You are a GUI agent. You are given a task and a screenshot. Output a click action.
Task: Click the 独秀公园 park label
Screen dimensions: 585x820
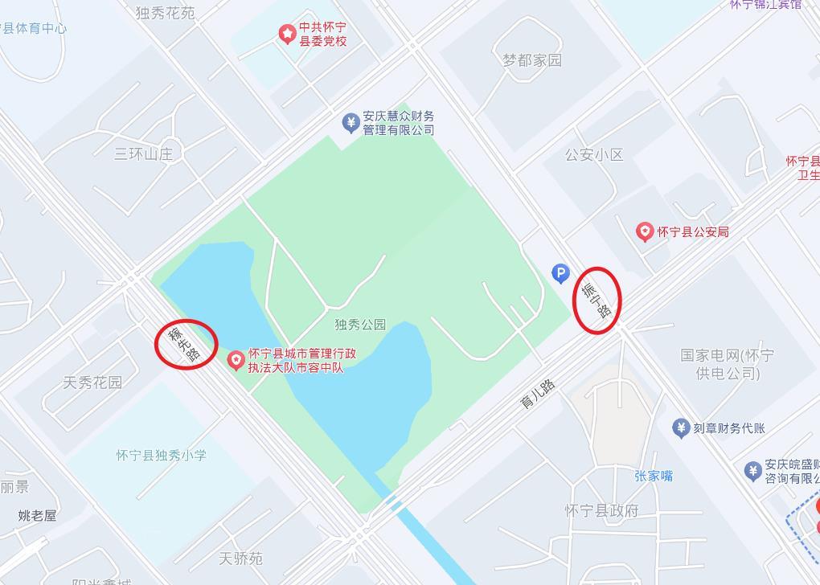point(360,325)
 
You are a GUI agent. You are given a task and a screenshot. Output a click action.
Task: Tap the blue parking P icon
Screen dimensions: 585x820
point(560,274)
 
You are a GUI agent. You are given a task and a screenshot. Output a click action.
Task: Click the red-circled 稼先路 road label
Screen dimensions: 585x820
point(186,344)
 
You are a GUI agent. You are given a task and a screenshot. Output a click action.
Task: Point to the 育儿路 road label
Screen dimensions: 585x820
point(538,395)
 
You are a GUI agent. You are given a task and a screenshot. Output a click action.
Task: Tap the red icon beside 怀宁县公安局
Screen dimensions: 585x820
point(644,232)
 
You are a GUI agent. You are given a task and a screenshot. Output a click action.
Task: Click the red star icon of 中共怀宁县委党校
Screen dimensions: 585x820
point(287,34)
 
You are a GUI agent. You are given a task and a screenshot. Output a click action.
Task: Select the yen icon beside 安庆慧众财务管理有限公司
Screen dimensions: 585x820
point(351,123)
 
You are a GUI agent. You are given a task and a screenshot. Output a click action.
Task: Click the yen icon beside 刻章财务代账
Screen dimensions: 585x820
point(681,428)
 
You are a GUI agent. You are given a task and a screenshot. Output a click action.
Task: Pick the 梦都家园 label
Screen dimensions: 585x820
point(532,60)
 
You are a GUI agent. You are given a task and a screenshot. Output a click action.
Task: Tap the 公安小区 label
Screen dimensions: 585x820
point(594,154)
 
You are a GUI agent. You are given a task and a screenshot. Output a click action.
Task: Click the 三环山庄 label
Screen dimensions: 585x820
point(143,153)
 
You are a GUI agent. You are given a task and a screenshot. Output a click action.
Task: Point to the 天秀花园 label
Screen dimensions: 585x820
point(92,382)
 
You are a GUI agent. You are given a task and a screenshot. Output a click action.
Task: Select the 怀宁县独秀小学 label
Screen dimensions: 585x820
point(161,455)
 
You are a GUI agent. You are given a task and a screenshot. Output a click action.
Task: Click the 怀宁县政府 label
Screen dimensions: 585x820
point(601,510)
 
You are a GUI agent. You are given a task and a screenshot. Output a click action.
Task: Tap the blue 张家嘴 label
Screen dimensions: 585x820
point(654,476)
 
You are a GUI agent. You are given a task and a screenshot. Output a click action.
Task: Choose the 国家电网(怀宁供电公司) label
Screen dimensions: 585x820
point(728,364)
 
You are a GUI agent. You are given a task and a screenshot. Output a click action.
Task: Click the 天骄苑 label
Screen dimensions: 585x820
point(240,558)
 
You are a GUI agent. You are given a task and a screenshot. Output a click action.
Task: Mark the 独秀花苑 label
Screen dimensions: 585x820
point(165,13)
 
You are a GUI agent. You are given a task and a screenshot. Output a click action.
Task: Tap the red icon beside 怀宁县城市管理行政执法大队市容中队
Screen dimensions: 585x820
point(236,361)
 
